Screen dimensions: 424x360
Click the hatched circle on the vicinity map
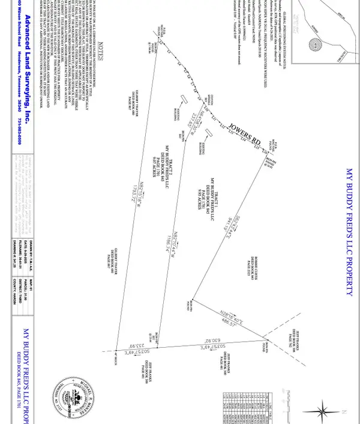pos(314,45)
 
